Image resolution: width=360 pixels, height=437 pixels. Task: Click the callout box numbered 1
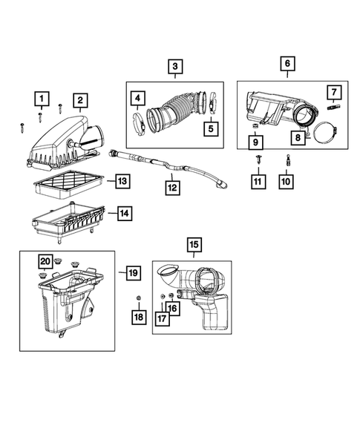tap(42, 98)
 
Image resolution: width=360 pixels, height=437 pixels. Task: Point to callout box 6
tap(287, 65)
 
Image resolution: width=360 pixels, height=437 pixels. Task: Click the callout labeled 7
tap(333, 93)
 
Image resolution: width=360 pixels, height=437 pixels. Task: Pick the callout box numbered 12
tap(172, 188)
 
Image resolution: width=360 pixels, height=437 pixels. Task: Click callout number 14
tap(125, 214)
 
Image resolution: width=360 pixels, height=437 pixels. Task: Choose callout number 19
tap(133, 273)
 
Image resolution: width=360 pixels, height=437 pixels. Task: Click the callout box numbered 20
tap(45, 261)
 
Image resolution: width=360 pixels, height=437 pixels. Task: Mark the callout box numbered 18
tap(138, 318)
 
